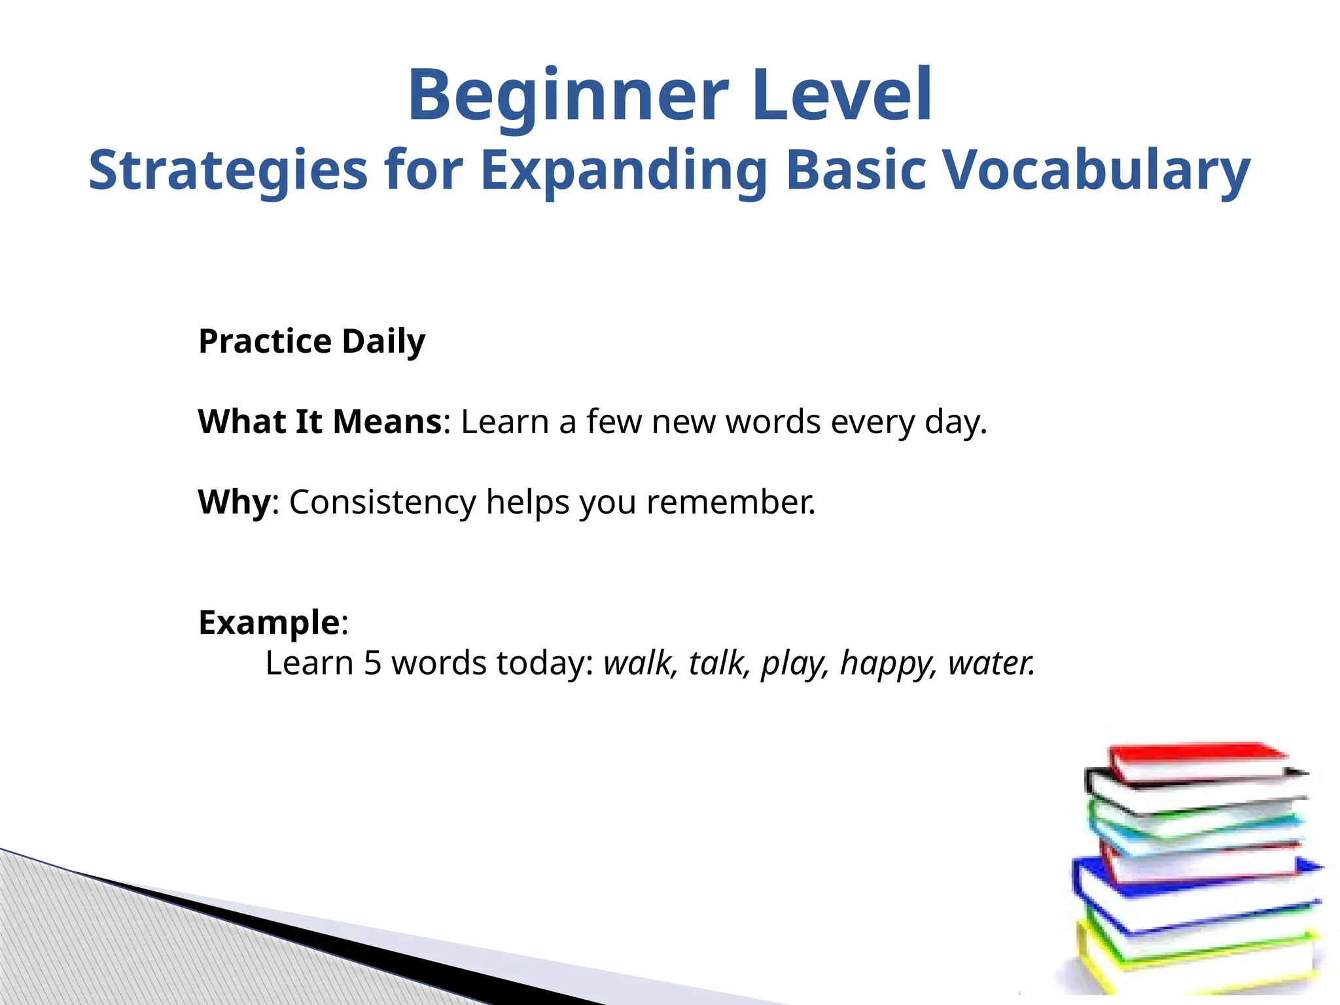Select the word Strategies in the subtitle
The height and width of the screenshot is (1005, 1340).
[x=228, y=170]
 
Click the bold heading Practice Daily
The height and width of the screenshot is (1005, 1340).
[x=311, y=342]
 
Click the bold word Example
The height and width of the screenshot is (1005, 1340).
[x=269, y=622]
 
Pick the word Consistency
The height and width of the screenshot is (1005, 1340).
[x=383, y=502]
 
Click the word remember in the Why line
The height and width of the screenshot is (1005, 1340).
[x=730, y=502]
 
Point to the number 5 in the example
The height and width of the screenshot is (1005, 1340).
[x=372, y=663]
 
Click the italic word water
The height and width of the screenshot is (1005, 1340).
[x=991, y=663]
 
